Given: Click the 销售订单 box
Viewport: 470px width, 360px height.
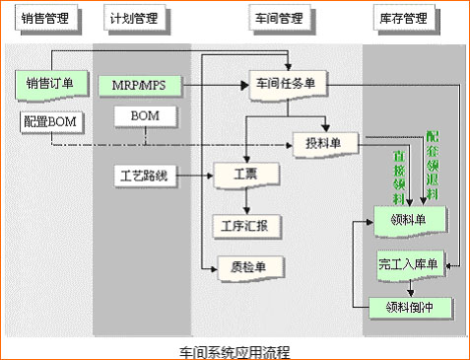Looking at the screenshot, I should point(49,84).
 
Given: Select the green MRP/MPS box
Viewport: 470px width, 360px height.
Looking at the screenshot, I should point(139,85).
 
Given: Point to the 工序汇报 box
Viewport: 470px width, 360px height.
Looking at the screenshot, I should point(246,226).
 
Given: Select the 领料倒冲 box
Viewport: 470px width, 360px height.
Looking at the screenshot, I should point(411,307).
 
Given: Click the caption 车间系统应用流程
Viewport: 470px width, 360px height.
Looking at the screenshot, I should point(235,350).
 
